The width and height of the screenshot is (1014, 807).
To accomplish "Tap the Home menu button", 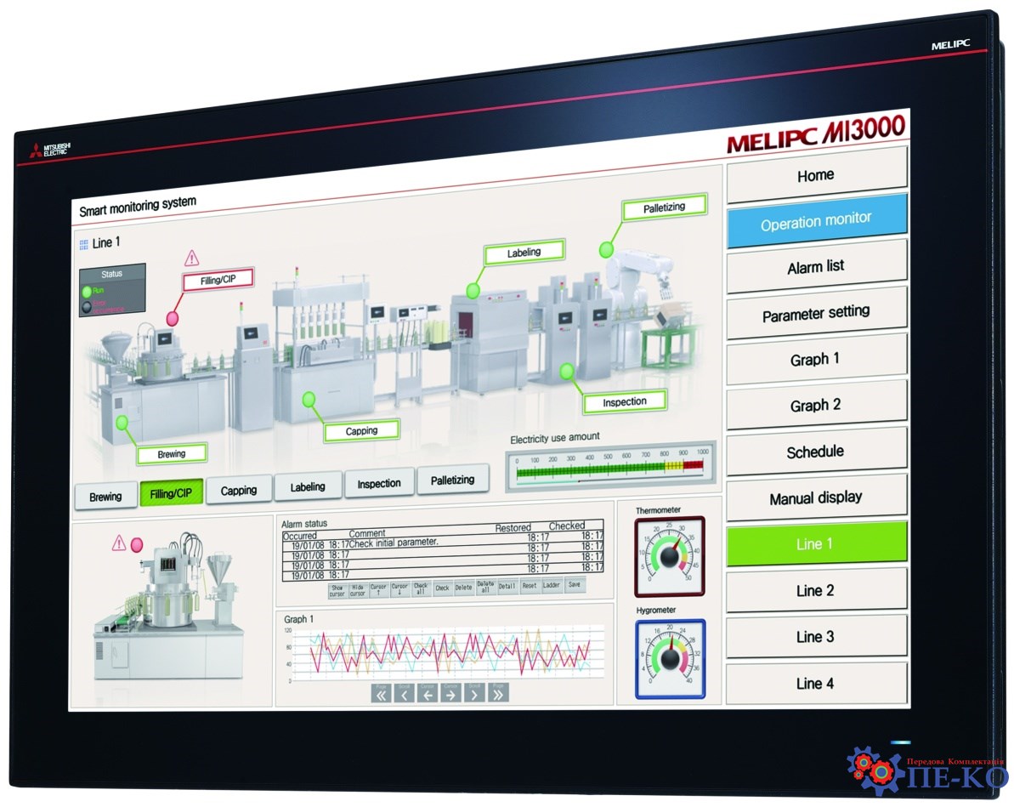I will (x=816, y=176).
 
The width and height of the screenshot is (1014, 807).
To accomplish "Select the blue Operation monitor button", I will (x=816, y=222).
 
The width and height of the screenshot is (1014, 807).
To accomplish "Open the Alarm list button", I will (x=816, y=267).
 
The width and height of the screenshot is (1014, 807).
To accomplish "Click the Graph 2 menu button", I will (x=816, y=406).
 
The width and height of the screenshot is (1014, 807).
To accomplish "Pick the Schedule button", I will (x=816, y=452).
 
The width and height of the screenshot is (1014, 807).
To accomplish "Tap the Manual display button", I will (x=816, y=498).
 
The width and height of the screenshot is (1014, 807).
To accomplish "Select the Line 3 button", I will (x=816, y=636).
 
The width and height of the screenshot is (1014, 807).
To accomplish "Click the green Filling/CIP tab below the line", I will (x=171, y=493).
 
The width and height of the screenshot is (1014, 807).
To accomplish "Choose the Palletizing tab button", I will (x=452, y=480).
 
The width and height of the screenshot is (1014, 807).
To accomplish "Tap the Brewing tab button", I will (x=105, y=496).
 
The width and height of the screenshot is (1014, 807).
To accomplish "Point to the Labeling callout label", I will (x=524, y=253).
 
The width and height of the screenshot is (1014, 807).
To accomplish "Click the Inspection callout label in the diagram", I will (x=625, y=401).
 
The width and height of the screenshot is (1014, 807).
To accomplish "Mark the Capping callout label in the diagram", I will (x=361, y=431).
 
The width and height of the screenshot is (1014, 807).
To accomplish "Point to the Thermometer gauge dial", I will (x=669, y=556).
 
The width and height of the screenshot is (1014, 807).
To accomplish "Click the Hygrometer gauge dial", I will (x=670, y=660).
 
